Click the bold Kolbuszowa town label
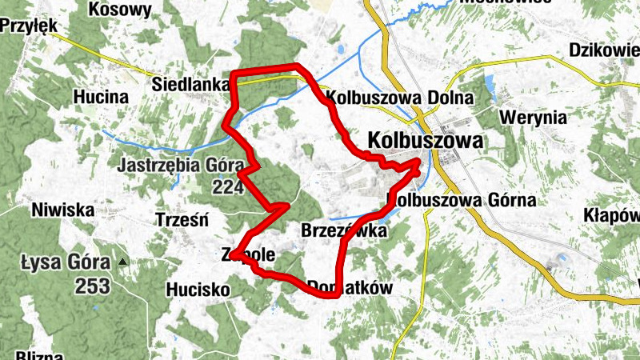(425, 141)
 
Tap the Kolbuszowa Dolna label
(401, 98)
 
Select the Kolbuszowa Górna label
(462, 200)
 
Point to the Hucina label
(101, 97)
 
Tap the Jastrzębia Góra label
(179, 166)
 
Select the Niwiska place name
(63, 211)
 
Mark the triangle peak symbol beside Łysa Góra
(122, 262)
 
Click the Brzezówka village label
(344, 231)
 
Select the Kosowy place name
(121, 10)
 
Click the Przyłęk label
(30, 26)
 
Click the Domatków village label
(350, 286)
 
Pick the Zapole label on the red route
(248, 256)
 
